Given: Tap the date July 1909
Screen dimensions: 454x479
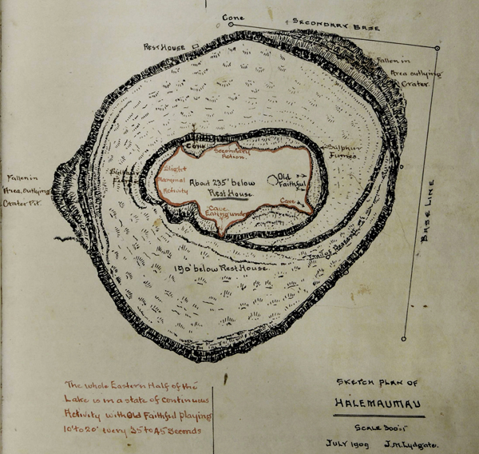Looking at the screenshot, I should (348, 442).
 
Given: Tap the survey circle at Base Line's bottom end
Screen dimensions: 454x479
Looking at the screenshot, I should (404, 338).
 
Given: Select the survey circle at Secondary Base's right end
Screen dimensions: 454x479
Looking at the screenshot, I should (437, 48).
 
